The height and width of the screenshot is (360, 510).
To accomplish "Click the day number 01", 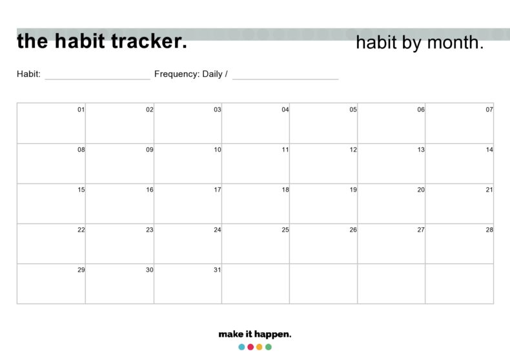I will point(81,110).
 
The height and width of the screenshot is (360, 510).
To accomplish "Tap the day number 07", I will point(489,110).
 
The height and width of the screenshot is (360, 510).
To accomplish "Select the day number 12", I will point(353,150).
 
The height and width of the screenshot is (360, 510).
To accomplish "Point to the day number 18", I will point(285,190).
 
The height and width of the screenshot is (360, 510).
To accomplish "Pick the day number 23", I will point(149,230).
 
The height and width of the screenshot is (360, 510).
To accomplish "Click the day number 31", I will point(218,270).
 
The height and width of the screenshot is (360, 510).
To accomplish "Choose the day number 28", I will point(489,230).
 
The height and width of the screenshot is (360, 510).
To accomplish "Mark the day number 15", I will point(81,190).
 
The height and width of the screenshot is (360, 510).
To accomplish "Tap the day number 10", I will point(218,150).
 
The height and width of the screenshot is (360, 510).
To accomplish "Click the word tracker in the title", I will point(148,41).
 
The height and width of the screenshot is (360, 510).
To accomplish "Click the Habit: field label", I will point(28,74).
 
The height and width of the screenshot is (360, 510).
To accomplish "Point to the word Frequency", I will point(176,74).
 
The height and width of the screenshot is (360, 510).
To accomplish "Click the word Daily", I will point(212,74).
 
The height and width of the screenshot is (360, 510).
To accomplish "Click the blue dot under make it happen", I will point(241,347).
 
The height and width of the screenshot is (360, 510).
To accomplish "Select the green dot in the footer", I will point(269,347).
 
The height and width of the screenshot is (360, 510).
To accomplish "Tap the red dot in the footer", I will point(250,347).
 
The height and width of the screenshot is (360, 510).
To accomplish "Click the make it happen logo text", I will point(255,334).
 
